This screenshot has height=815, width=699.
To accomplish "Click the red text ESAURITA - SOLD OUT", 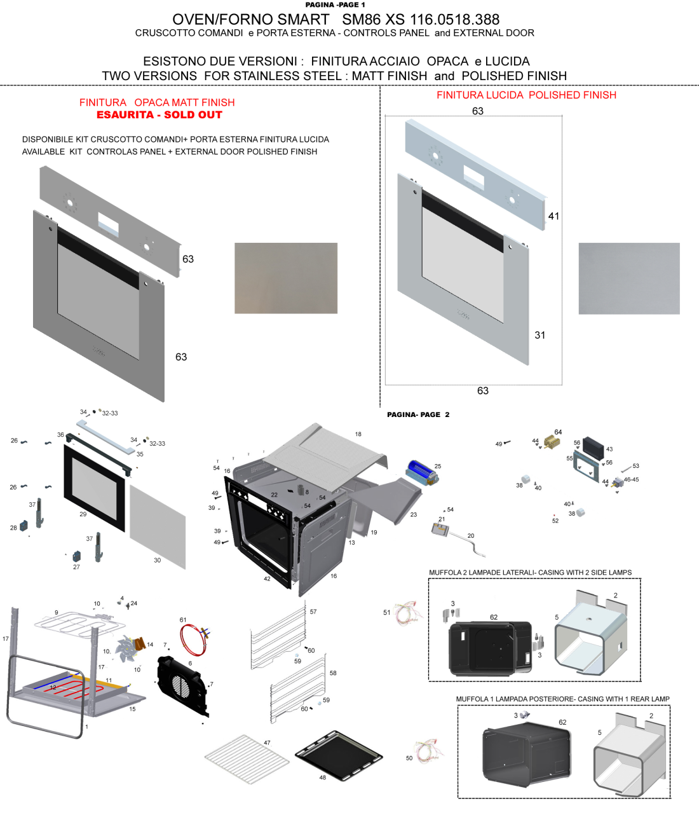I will point(159,115).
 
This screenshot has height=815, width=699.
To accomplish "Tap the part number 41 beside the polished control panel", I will point(553,216).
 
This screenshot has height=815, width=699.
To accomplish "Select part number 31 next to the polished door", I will point(540,335).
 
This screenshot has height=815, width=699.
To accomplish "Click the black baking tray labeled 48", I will point(339,755).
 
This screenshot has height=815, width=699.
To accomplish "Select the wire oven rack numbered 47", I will point(246,758).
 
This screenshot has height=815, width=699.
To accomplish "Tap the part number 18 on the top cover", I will point(358,434).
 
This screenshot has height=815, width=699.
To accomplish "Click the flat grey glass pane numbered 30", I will point(158,526).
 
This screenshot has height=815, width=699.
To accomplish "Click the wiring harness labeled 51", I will point(407,613).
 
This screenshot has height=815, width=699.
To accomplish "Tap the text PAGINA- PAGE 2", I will point(418,414).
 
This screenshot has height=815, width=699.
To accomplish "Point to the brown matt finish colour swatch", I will point(285,278).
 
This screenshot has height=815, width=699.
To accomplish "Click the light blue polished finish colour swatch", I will point(628,278).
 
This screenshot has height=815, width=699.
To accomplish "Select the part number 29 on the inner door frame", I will point(83,514).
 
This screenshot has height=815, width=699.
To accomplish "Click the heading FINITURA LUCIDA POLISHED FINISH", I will point(526,95).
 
